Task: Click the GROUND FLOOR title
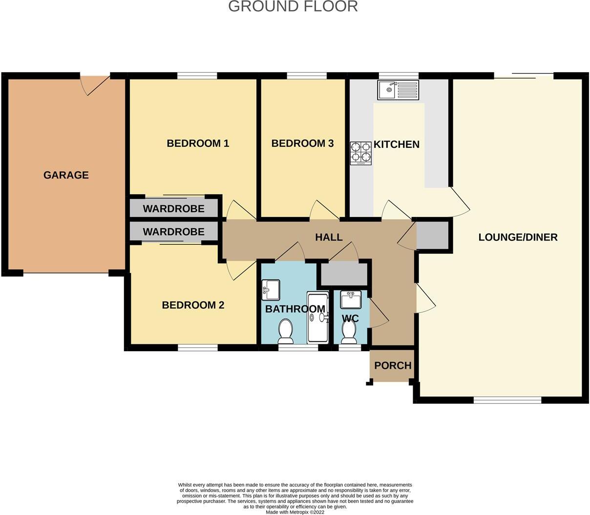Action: (293, 6)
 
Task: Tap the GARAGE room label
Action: (66, 175)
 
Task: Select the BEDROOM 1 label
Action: (198, 143)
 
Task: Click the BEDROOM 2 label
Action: (193, 305)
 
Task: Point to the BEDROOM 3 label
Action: (302, 143)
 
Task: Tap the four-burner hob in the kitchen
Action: (361, 152)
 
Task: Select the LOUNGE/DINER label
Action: (518, 238)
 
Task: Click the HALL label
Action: (329, 238)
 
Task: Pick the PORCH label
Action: (393, 365)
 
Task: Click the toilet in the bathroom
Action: (285, 331)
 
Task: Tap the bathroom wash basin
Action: (270, 290)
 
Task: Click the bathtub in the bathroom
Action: (317, 318)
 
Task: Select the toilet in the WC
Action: (349, 333)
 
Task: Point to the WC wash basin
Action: (350, 299)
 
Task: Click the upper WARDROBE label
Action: (173, 209)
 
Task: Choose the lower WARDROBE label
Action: (173, 232)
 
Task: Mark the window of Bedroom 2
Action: (197, 348)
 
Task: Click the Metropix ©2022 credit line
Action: (295, 512)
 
